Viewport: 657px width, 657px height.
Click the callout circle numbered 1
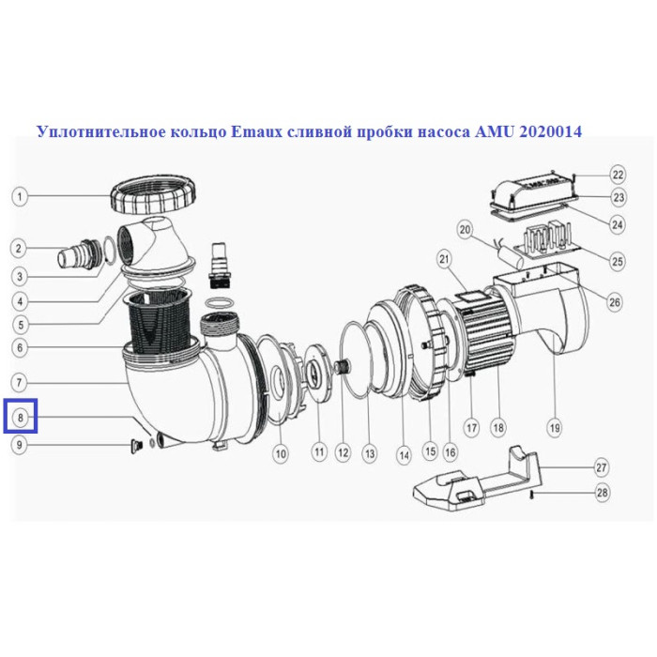point(20,196)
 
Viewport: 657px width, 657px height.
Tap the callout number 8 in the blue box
point(20,417)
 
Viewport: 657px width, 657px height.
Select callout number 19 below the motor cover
point(555,428)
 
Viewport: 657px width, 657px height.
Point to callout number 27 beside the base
point(602,467)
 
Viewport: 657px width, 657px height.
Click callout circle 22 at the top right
point(618,174)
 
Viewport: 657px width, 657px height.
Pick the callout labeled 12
point(343,452)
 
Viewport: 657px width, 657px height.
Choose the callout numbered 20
point(466,230)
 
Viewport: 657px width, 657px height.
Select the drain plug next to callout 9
point(135,447)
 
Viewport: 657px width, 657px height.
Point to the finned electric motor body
point(485,331)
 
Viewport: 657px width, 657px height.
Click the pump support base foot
point(477,481)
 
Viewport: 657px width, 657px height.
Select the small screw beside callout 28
point(532,495)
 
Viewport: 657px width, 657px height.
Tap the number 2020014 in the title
point(550,131)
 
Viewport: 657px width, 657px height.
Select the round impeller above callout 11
point(317,373)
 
